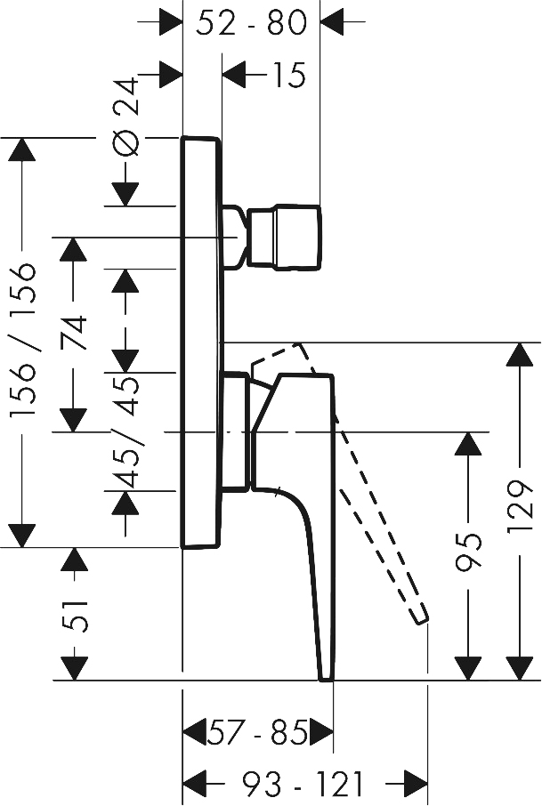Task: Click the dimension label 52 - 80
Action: click(x=252, y=22)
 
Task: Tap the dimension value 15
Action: click(x=288, y=75)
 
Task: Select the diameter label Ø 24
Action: click(x=125, y=117)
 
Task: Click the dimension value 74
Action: click(x=74, y=334)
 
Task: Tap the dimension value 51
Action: click(x=75, y=615)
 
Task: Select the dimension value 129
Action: click(x=520, y=507)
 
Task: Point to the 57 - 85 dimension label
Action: click(x=257, y=732)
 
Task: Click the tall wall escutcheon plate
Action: click(x=201, y=343)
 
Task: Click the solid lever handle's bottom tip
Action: click(x=327, y=680)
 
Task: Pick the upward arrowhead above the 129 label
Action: click(x=520, y=354)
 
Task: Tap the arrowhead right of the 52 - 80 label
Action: click(x=332, y=22)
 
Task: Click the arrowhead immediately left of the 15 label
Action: click(x=234, y=75)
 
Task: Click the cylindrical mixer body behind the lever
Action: click(x=235, y=431)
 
